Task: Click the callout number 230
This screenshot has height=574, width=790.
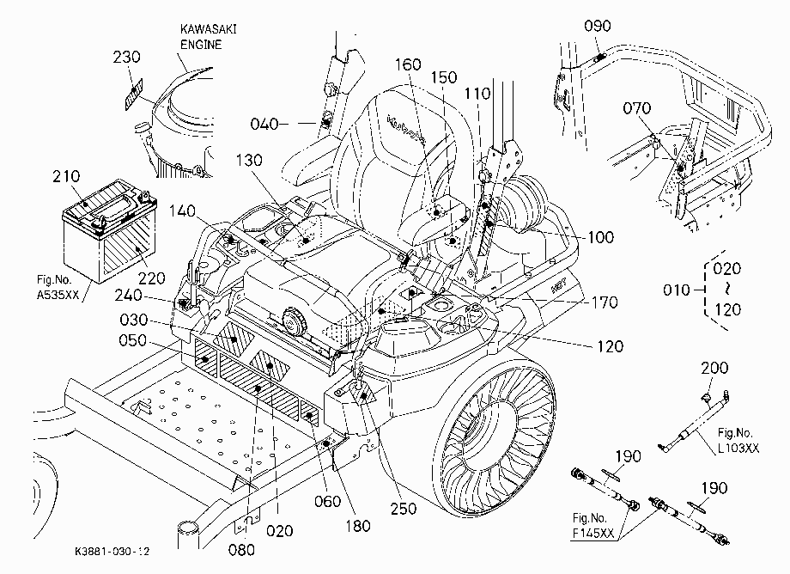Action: point(126,57)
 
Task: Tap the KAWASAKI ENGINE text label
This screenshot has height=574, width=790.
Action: point(208,37)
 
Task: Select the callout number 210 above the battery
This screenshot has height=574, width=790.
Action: point(66,176)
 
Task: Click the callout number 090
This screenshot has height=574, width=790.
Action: point(598,26)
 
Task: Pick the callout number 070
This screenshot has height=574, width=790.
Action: point(637,108)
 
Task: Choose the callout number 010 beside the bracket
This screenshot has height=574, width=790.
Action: point(676,290)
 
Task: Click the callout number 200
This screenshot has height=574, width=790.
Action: point(714,368)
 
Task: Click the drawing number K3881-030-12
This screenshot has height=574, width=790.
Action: point(112,552)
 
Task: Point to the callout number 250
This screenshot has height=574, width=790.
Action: point(404,509)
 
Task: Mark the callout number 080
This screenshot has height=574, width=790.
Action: point(241,550)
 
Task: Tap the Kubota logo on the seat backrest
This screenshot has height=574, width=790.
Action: point(405,130)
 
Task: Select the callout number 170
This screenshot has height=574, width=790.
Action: point(605,302)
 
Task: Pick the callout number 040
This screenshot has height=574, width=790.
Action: point(264,124)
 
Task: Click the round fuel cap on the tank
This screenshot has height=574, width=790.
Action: point(295,321)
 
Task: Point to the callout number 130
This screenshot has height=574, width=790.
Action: point(249,161)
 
